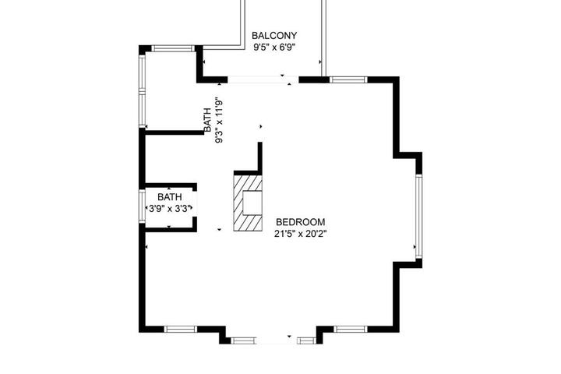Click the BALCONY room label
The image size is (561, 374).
pyautogui.click(x=274, y=36)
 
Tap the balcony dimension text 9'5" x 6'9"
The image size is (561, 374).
pyautogui.click(x=274, y=48)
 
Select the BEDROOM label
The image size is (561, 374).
pyautogui.click(x=301, y=222)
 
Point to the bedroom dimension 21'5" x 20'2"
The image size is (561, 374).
pyautogui.click(x=301, y=234)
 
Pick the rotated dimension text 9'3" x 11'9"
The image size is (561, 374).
pyautogui.click(x=219, y=121)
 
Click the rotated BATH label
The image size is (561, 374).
pyautogui.click(x=207, y=120)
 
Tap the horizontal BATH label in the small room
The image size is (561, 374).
pyautogui.click(x=170, y=197)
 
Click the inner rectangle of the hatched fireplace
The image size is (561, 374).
pyautogui.click(x=252, y=203)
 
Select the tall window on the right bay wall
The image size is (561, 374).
pyautogui.click(x=419, y=216)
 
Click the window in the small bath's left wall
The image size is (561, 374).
pyautogui.click(x=142, y=206)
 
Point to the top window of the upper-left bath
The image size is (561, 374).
pyautogui.click(x=173, y=48)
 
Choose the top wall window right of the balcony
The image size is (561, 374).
pyautogui.click(x=348, y=79)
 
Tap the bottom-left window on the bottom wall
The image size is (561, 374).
pyautogui.click(x=181, y=330)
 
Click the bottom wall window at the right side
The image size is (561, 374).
pyautogui.click(x=351, y=330)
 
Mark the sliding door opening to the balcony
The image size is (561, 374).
pyautogui.click(x=263, y=79)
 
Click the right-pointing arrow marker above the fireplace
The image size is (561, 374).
pyautogui.click(x=261, y=126)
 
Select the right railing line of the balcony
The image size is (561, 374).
pyautogui.click(x=323, y=38)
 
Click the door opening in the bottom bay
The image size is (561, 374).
pyautogui.click(x=276, y=340)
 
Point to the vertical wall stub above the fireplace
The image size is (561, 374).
pyautogui.click(x=260, y=157)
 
